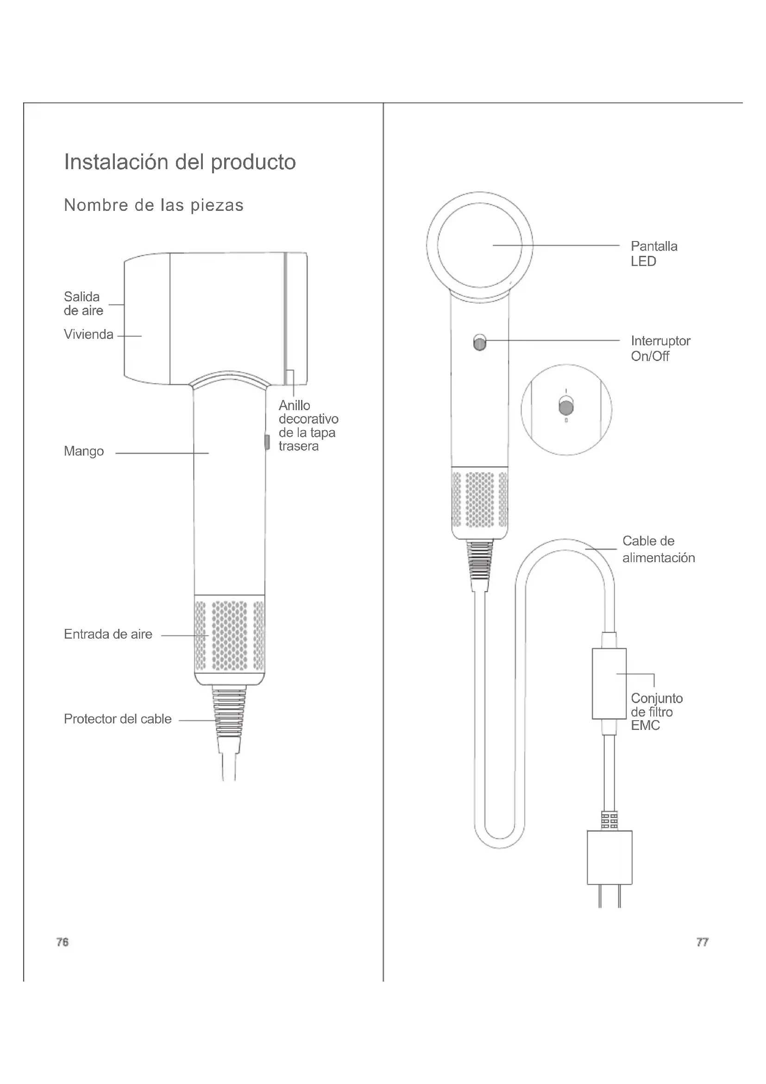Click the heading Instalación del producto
point(180,162)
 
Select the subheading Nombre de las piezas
point(154,205)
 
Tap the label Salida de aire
point(83,304)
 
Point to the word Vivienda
point(88,335)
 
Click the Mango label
point(84,451)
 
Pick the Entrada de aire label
point(108,634)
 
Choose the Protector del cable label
point(118,719)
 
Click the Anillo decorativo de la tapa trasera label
point(308,425)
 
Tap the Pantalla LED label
point(654,254)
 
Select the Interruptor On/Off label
point(660,349)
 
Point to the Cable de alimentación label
point(659,549)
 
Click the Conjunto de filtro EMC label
point(657,711)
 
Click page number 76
point(62,942)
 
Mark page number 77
point(703,942)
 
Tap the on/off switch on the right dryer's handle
point(480,342)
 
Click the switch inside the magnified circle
point(566,406)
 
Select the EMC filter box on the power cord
point(609,683)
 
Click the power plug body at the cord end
point(609,857)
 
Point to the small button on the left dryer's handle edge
point(267,442)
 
